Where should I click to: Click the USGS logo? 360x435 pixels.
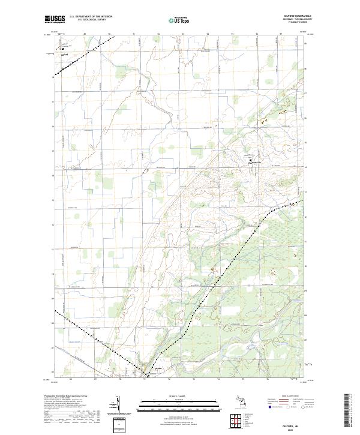pos(55,19)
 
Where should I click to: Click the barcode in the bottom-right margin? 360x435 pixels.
pos(347,410)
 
